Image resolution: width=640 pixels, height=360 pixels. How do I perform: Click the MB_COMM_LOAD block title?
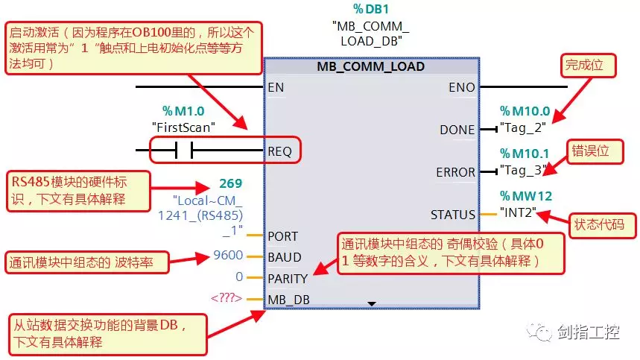point(370,67)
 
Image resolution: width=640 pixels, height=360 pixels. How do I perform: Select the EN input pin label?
point(276,87)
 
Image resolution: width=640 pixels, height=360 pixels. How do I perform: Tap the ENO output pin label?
point(461,87)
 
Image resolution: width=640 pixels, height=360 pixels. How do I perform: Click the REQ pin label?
point(280,151)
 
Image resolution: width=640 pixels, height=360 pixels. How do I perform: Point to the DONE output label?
point(457,130)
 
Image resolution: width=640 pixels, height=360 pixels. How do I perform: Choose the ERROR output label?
point(455,172)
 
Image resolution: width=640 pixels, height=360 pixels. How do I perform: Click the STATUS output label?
point(452,215)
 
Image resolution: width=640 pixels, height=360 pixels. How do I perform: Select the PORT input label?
point(282,236)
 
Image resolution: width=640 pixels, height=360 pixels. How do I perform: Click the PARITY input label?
point(288,278)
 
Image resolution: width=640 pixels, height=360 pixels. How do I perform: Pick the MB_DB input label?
point(288,300)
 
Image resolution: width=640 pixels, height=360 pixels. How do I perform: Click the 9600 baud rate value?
point(227,256)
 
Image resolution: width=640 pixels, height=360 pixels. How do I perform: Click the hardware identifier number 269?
point(231,183)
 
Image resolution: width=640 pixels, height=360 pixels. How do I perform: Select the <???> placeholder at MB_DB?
point(225,299)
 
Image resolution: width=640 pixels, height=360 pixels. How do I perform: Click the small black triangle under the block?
point(372,303)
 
